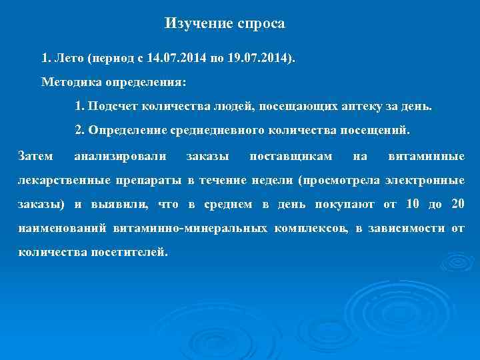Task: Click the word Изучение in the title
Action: pos(198,24)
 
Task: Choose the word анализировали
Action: pos(121,157)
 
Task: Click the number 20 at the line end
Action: pos(457,205)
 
